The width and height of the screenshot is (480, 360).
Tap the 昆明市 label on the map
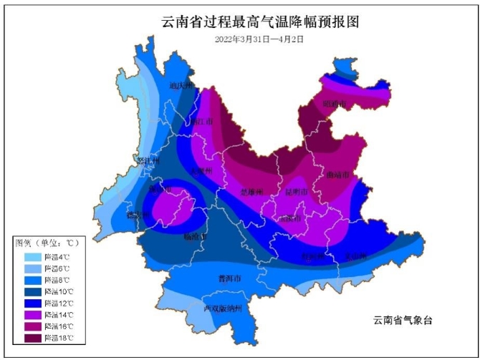click(x=296, y=193)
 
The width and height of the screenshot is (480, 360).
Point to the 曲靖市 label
click(x=336, y=174)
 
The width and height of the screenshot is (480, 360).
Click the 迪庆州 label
click(x=181, y=86)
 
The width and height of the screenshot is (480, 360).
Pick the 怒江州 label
click(x=146, y=161)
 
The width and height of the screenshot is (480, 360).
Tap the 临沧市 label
click(x=194, y=236)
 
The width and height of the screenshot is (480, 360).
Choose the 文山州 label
click(x=355, y=256)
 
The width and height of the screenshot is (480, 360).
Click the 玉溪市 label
click(x=291, y=218)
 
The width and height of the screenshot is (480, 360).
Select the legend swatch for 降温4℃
click(x=29, y=256)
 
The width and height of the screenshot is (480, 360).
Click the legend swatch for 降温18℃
click(x=29, y=337)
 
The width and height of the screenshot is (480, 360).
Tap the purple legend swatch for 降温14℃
click(x=29, y=314)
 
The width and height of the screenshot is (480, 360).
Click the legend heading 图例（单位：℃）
click(x=46, y=243)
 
